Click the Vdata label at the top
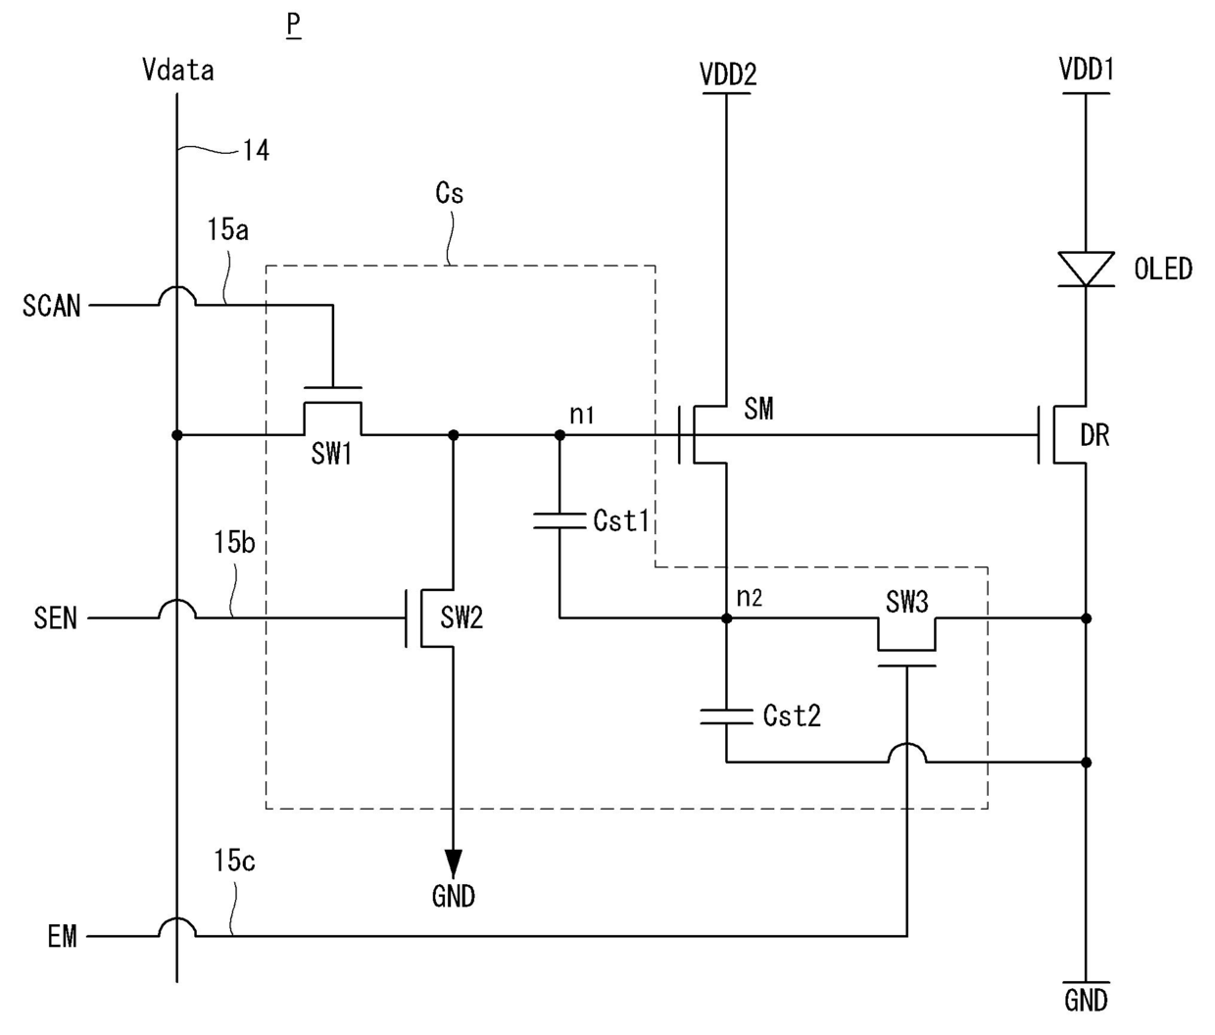178,71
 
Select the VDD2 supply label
728,74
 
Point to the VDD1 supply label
1087,70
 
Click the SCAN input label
51,306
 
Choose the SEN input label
55,618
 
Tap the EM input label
63,937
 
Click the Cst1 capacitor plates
559,520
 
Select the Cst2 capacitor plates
726,716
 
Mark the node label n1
582,415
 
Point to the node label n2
750,598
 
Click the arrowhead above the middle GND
454,863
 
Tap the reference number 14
257,151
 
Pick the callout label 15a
228,229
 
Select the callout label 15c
234,861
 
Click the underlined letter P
293,25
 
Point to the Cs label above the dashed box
450,193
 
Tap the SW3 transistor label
907,601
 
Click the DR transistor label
1094,436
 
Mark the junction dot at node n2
726,618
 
